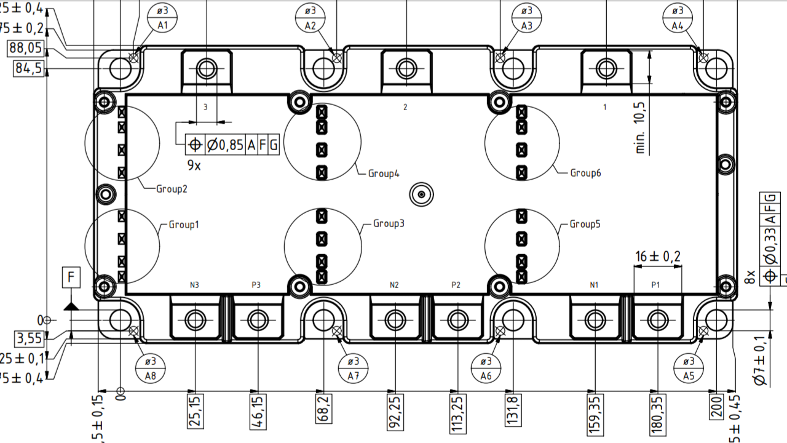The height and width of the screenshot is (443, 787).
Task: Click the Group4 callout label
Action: click(384, 174)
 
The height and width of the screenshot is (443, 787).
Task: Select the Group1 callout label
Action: click(184, 225)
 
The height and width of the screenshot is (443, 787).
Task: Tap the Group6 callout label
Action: click(585, 174)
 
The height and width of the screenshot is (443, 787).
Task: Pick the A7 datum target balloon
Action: click(354, 368)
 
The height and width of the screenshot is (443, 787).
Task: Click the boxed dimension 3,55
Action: click(30, 338)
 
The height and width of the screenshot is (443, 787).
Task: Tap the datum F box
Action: click(71, 279)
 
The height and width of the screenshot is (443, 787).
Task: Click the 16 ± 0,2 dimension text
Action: click(657, 257)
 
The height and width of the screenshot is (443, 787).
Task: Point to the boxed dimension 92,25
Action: click(396, 413)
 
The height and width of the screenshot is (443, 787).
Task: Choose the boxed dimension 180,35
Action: click(657, 413)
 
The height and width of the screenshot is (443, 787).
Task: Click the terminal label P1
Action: click(655, 285)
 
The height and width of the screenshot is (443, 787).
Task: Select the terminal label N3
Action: click(194, 285)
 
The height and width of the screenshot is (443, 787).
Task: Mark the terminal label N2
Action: click(395, 285)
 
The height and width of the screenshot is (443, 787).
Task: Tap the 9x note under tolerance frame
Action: click(194, 166)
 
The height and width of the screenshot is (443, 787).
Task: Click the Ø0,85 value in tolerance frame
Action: click(224, 145)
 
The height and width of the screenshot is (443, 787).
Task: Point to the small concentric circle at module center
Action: click(422, 195)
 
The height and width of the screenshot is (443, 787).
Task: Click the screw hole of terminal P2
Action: click(457, 320)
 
